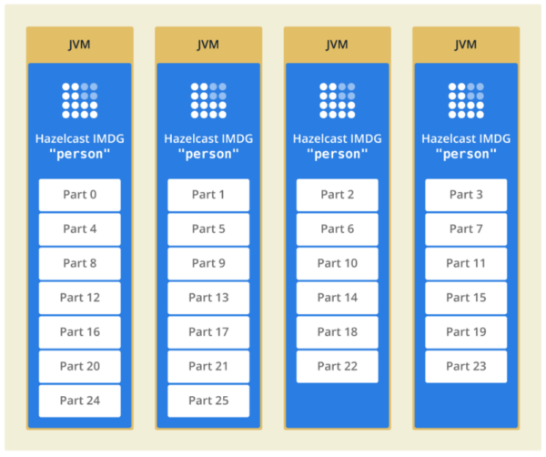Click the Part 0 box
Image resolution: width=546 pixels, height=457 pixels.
click(x=79, y=195)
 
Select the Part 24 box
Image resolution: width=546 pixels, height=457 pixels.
click(x=79, y=401)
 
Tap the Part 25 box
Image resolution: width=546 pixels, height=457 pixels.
click(x=208, y=401)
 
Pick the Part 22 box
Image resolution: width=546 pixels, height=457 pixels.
click(x=338, y=366)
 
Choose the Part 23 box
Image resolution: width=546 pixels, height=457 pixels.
click(x=467, y=366)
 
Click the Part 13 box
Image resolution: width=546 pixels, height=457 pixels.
click(x=208, y=298)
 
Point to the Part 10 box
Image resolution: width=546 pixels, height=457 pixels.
click(x=338, y=263)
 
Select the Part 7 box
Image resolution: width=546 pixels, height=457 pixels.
click(x=467, y=229)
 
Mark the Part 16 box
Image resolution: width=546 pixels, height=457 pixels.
click(x=79, y=332)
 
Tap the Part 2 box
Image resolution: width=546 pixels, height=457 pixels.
click(x=338, y=195)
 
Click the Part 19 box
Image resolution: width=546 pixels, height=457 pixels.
click(x=467, y=332)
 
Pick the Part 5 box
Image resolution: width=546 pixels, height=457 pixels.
click(x=208, y=229)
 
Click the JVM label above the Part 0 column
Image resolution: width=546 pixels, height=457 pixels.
click(x=79, y=45)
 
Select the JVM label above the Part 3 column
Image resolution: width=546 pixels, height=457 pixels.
click(x=467, y=45)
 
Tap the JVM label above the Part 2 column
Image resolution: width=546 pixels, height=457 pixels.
click(x=338, y=45)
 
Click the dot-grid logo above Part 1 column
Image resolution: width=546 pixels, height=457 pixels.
click(x=208, y=100)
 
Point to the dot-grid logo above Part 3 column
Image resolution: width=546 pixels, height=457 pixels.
click(x=467, y=100)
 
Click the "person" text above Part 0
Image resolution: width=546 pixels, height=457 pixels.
click(x=79, y=154)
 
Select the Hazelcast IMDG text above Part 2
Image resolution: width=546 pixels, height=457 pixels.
click(x=338, y=138)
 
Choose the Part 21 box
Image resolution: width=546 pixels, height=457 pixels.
click(x=208, y=366)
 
